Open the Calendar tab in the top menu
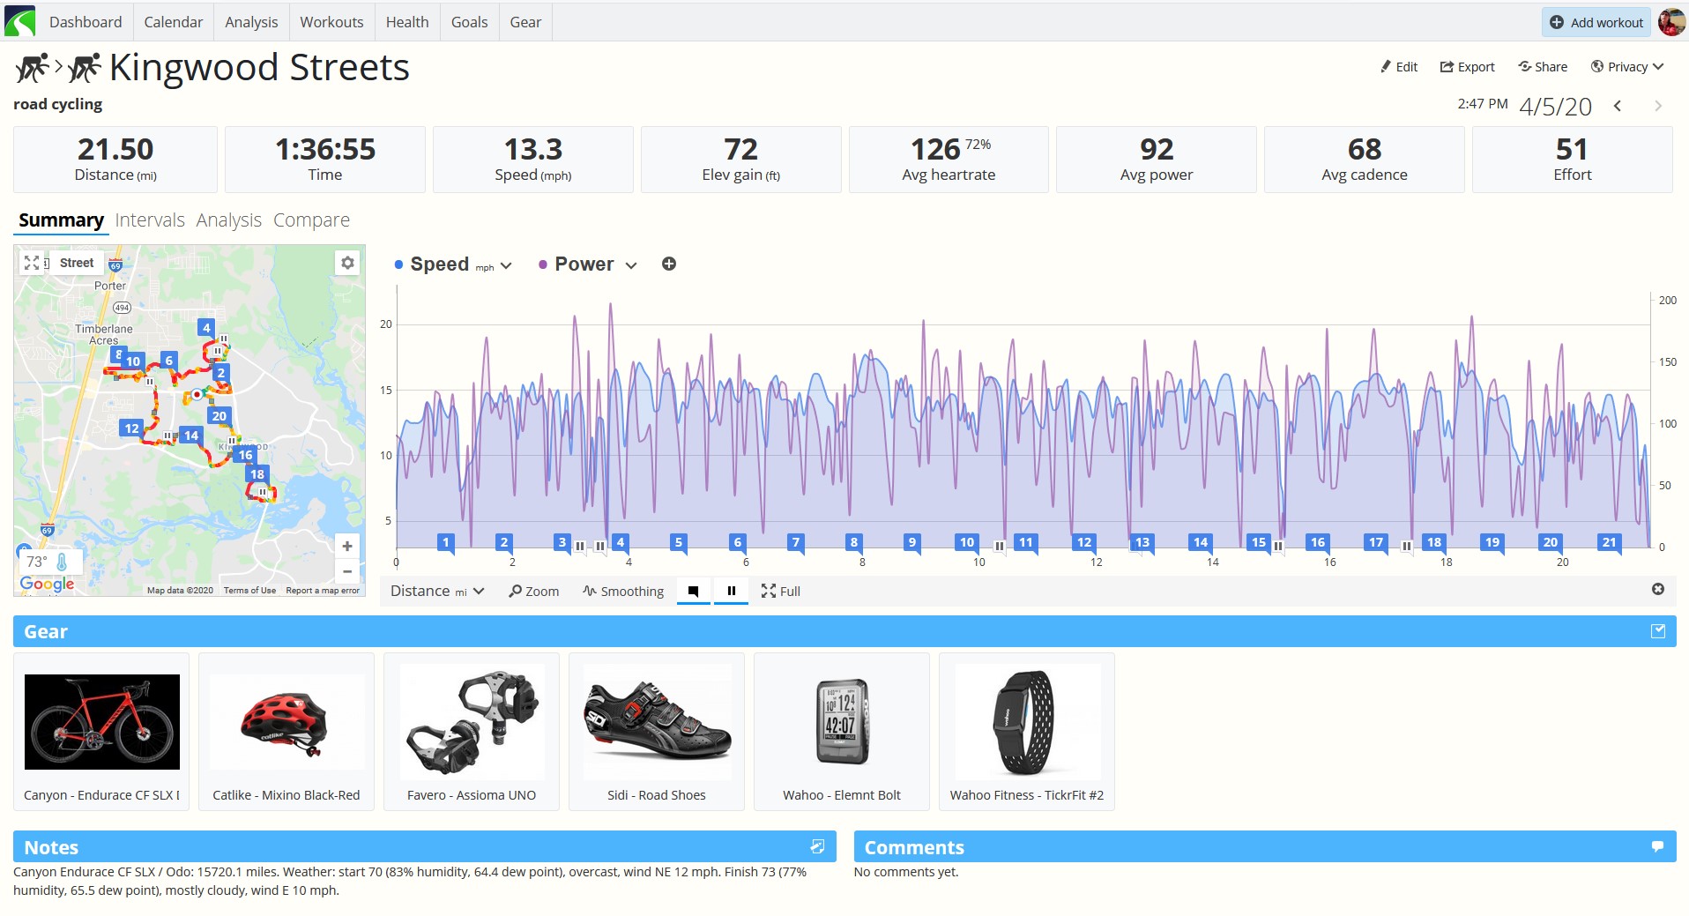[173, 22]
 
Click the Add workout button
[1596, 22]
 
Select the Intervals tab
[150, 220]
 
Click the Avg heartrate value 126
[934, 149]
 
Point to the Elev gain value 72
[740, 149]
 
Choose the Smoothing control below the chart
[623, 592]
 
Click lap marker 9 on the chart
[912, 543]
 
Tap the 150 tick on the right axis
[1667, 362]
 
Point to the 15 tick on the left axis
[386, 391]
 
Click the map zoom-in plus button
[347, 547]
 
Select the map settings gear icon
[347, 263]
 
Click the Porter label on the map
[110, 286]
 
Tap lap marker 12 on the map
[131, 428]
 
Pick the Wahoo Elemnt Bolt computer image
[842, 721]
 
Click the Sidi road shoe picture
[657, 721]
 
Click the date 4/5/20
[1555, 107]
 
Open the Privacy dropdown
[1627, 67]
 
